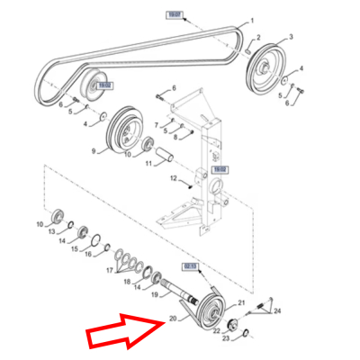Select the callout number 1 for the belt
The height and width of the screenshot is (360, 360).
click(252, 20)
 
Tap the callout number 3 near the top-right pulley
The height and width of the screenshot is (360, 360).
click(291, 38)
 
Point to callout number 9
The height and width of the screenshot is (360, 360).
click(92, 152)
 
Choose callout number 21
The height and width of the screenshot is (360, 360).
click(240, 302)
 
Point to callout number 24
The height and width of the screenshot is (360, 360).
click(277, 310)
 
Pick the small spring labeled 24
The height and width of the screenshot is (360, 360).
click(260, 308)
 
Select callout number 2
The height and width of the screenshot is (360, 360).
click(258, 38)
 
